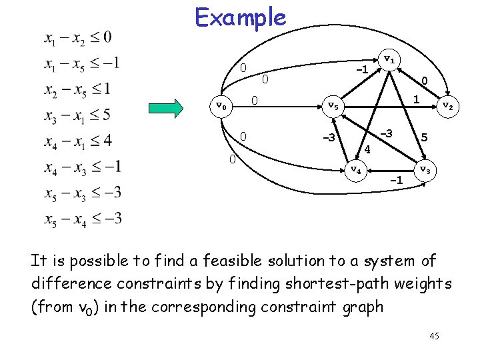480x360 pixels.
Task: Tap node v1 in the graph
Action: click(x=389, y=59)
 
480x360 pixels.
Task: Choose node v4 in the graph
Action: click(x=356, y=170)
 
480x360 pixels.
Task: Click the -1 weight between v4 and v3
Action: click(x=396, y=180)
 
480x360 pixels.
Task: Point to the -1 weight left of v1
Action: click(x=362, y=69)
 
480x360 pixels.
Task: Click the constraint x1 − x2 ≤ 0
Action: click(x=78, y=37)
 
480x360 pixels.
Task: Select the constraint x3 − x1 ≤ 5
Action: click(x=78, y=115)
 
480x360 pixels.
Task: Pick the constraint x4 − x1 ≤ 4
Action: click(x=78, y=141)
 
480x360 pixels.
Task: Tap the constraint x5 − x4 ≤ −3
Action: click(x=83, y=218)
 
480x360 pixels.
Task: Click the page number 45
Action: click(x=434, y=336)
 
